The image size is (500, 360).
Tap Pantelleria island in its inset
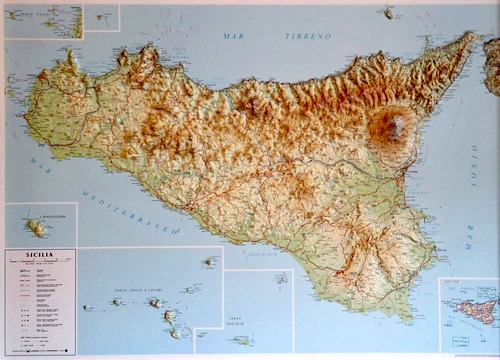[37, 228]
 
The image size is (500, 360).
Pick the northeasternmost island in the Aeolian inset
[209, 262]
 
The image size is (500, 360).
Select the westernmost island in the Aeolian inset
[88, 306]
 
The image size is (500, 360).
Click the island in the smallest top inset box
[103, 17]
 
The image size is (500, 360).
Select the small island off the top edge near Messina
[388, 13]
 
